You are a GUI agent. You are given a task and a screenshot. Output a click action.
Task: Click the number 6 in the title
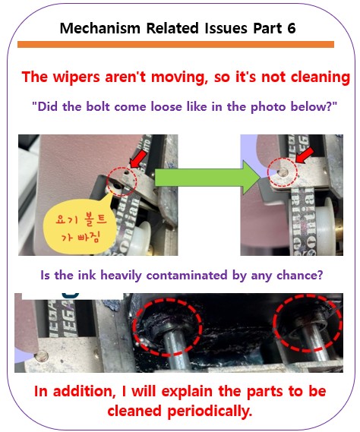coord(291,28)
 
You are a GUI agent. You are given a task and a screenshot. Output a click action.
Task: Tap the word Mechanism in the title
coord(100,28)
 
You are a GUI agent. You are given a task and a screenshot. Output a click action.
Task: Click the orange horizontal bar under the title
coord(175,44)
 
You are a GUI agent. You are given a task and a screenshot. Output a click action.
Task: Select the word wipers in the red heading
coord(77,77)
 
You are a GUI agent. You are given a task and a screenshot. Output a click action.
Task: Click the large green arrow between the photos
coord(208,178)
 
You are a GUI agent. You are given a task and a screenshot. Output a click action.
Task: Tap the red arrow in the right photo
coord(305,155)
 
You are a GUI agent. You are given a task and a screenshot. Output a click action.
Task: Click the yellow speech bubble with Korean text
coord(80,228)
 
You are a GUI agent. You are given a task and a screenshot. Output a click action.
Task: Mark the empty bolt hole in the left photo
coord(118,186)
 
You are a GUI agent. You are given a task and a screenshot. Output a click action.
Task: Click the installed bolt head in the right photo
coord(283,173)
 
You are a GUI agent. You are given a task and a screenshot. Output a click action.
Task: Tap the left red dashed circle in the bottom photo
coord(167,326)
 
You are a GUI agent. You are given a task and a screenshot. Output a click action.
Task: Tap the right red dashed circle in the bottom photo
coord(307,323)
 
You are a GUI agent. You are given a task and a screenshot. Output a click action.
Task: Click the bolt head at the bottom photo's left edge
coord(42,355)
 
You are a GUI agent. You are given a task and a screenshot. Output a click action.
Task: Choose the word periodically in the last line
coord(210,412)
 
